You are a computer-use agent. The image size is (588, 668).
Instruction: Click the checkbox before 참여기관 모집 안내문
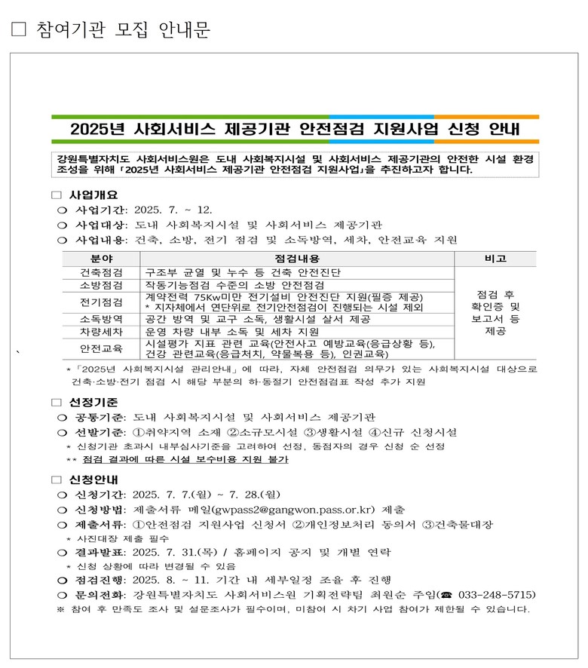tap(20, 29)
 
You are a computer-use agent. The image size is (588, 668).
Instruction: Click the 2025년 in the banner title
tap(96, 129)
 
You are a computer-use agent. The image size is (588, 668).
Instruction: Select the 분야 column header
tap(101, 259)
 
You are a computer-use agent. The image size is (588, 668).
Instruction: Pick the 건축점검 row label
tap(101, 271)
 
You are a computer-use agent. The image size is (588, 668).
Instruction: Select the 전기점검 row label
tap(101, 302)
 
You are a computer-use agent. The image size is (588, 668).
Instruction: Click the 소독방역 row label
tap(101, 319)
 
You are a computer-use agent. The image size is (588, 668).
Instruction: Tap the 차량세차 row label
tap(101, 332)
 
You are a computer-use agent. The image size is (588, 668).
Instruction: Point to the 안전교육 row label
tap(101, 348)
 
